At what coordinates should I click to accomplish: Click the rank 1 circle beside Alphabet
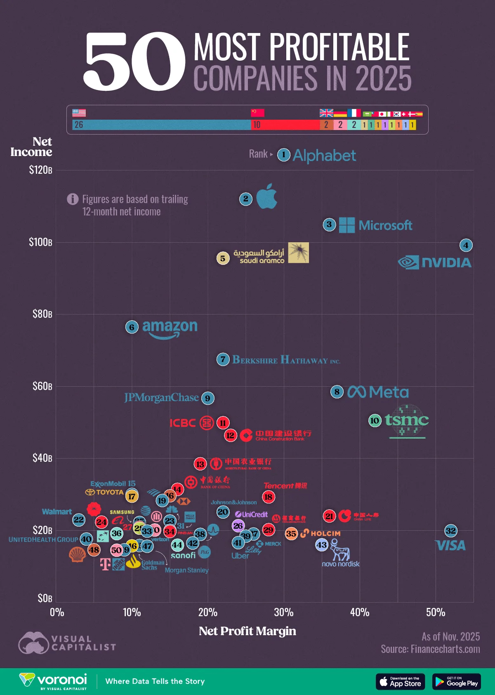(283, 155)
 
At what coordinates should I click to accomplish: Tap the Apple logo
(266, 196)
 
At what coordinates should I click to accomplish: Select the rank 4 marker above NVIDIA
(466, 245)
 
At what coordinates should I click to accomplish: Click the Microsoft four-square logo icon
(346, 225)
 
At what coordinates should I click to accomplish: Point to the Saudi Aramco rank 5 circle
(223, 258)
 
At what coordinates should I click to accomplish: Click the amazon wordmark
(170, 328)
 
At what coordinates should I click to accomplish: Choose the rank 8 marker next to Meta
(337, 392)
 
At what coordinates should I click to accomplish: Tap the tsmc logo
(407, 421)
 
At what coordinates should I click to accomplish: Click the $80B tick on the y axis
(42, 314)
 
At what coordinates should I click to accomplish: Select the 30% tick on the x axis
(284, 612)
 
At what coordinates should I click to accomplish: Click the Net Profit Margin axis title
(247, 631)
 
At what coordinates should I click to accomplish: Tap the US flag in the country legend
(79, 113)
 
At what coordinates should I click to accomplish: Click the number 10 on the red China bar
(257, 125)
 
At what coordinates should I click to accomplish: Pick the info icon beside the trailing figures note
(73, 199)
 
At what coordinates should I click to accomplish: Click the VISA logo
(450, 546)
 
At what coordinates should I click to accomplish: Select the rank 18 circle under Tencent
(269, 496)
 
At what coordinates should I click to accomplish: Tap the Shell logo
(77, 555)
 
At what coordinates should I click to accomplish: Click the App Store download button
(400, 681)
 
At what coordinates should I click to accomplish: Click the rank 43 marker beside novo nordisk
(321, 545)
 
